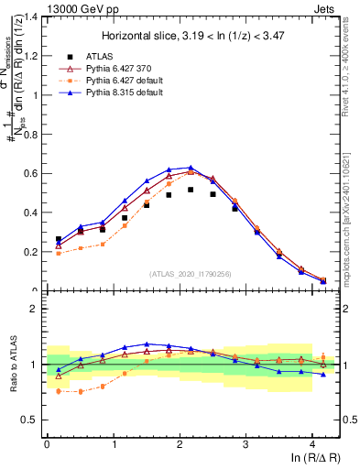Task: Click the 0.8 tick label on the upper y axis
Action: (x=31, y=135)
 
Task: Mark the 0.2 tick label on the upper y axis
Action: (x=31, y=252)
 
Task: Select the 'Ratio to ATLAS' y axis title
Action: (x=12, y=365)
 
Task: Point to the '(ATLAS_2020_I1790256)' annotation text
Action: (x=190, y=274)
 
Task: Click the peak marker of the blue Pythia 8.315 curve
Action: (x=191, y=168)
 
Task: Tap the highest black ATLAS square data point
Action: (x=191, y=190)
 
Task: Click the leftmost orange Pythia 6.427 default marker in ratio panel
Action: (x=59, y=391)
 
